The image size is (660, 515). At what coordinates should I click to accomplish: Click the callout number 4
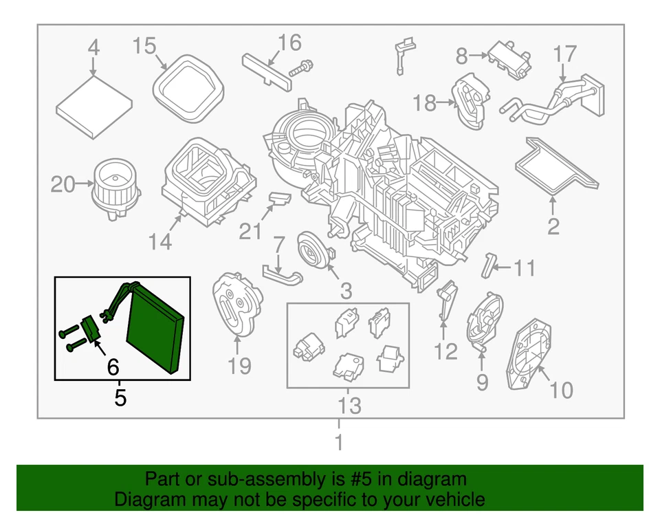[x=93, y=48]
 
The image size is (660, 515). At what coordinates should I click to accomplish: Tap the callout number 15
[x=145, y=46]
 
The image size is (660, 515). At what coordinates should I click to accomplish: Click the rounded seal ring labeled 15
[x=188, y=86]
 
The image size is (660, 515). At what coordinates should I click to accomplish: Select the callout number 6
[x=113, y=369]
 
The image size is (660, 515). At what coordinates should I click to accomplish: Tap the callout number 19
[x=239, y=366]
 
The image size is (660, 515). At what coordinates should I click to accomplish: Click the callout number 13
[x=349, y=406]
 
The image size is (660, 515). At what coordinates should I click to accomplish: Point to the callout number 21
[x=250, y=231]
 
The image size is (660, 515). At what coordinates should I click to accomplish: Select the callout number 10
[x=561, y=391]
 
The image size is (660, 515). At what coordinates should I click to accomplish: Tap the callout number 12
[x=445, y=352]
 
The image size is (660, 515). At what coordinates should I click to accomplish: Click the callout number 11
[x=525, y=267]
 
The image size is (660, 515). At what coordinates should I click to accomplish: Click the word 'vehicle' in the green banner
[x=451, y=499]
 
